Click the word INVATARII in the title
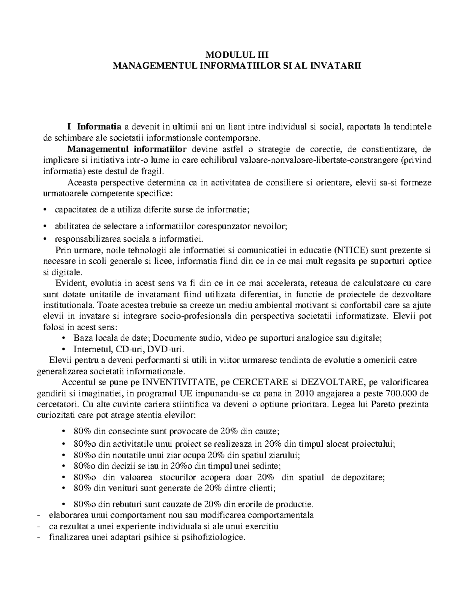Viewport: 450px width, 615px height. tap(341, 66)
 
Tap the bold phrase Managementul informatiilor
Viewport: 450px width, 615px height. tap(127, 149)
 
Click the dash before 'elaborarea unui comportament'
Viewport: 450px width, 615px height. tap(39, 515)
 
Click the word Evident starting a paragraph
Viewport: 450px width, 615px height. tap(67, 283)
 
